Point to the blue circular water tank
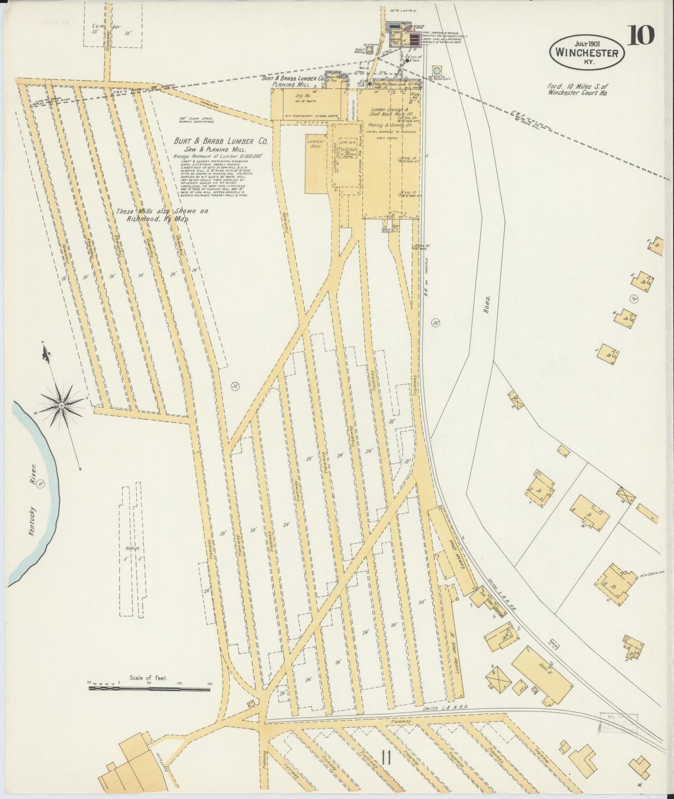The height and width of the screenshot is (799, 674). [x=437, y=70]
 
